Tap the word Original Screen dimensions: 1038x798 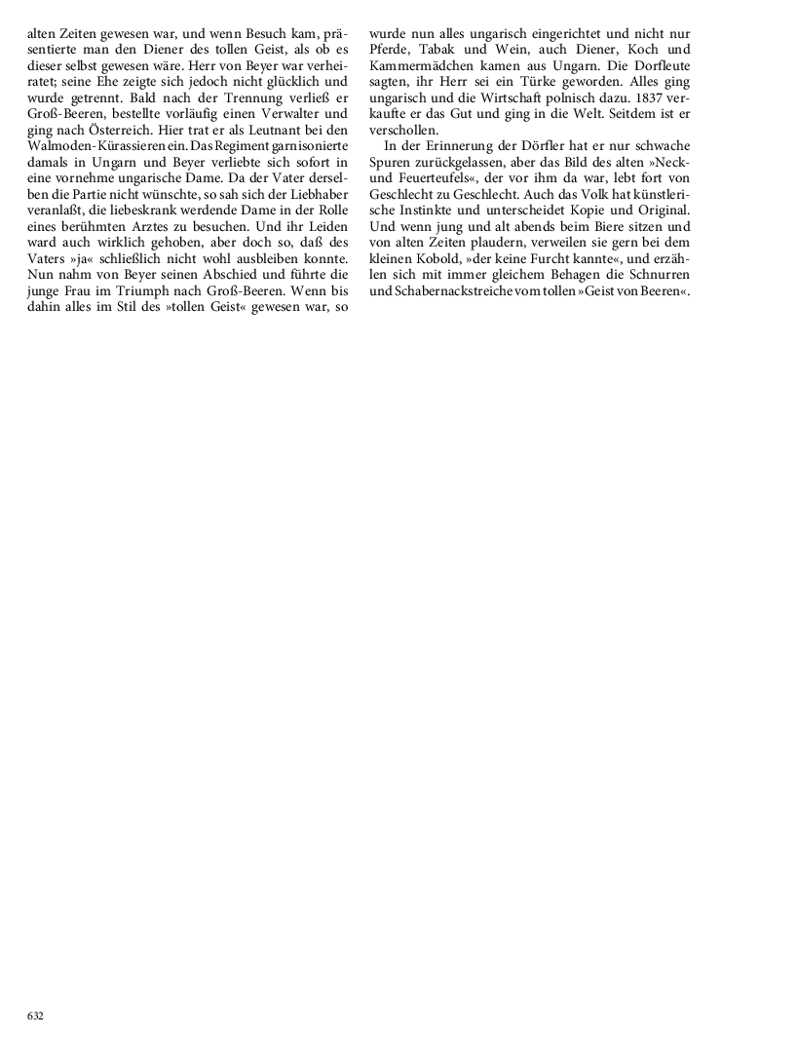[x=659, y=209]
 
